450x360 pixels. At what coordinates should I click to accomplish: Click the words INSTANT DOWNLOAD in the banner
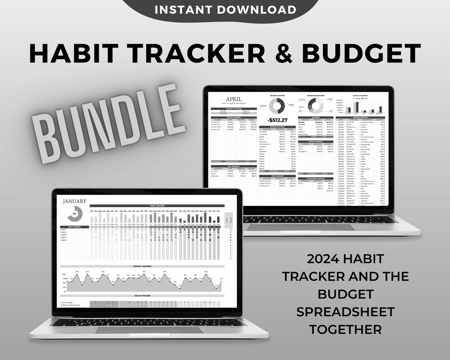coord(225,10)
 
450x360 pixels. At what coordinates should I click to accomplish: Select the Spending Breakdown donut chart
coord(315,106)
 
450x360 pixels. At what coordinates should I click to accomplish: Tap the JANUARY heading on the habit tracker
coord(75,201)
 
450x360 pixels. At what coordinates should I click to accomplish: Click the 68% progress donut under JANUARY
coord(75,213)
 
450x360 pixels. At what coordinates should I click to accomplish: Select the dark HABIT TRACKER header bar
coord(157,205)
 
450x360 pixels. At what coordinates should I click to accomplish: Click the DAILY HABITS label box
coord(75,227)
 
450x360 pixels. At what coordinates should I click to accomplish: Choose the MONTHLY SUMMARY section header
coord(142,266)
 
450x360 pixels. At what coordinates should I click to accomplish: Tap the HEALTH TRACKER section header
coord(142,296)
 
